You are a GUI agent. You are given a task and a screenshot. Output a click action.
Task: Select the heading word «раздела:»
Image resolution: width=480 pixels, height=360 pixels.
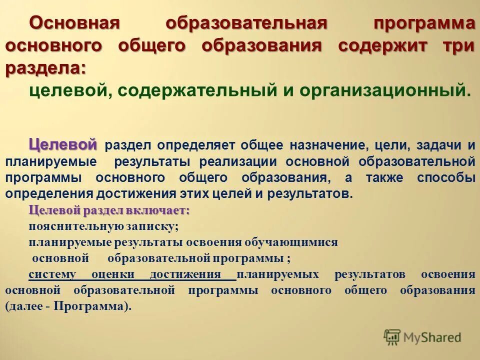(x=45, y=68)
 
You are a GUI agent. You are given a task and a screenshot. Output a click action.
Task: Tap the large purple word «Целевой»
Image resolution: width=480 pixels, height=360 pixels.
(x=63, y=144)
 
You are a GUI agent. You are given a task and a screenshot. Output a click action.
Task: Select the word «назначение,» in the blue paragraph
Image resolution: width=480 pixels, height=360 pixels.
(x=329, y=146)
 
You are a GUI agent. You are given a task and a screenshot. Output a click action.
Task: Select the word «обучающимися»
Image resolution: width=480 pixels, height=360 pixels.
(x=291, y=242)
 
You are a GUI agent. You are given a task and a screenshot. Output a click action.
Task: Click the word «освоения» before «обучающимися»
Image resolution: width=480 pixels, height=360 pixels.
(x=214, y=242)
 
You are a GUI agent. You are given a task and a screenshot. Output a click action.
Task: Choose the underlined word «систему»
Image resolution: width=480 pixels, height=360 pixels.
(x=52, y=274)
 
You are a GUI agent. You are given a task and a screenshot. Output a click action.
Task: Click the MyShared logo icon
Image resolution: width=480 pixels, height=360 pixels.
(x=392, y=337)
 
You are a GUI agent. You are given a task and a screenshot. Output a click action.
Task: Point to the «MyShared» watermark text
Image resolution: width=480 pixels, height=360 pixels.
(x=432, y=337)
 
